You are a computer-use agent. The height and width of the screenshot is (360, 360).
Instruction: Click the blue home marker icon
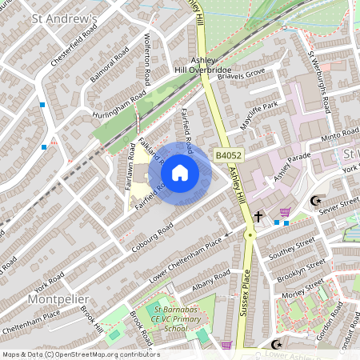[180, 172]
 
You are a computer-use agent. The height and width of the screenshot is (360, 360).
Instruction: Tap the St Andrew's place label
[63, 18]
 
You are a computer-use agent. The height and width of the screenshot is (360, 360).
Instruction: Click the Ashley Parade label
[290, 166]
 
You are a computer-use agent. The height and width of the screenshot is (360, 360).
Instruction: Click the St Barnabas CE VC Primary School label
[169, 322]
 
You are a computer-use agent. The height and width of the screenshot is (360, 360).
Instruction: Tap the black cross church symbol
[258, 216]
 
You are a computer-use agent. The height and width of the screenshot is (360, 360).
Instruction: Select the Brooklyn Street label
[307, 269]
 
